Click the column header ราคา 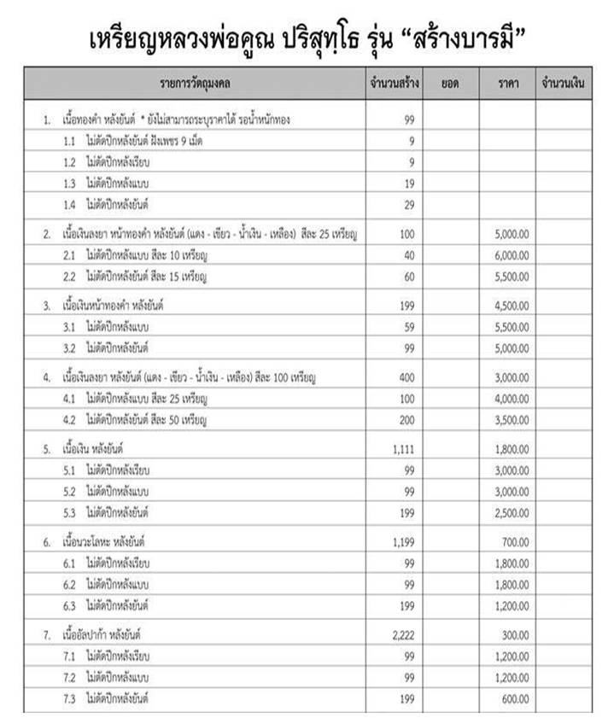pos(506,84)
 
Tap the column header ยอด pos(450,84)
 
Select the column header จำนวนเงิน pos(563,84)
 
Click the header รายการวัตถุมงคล pos(196,84)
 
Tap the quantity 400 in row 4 pos(406,377)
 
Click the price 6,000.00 pos(512,255)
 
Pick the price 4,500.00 pos(512,305)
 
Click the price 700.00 pos(516,541)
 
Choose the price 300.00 pos(516,636)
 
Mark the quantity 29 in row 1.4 pos(409,204)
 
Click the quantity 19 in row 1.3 pos(409,183)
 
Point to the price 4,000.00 pos(512,399)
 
